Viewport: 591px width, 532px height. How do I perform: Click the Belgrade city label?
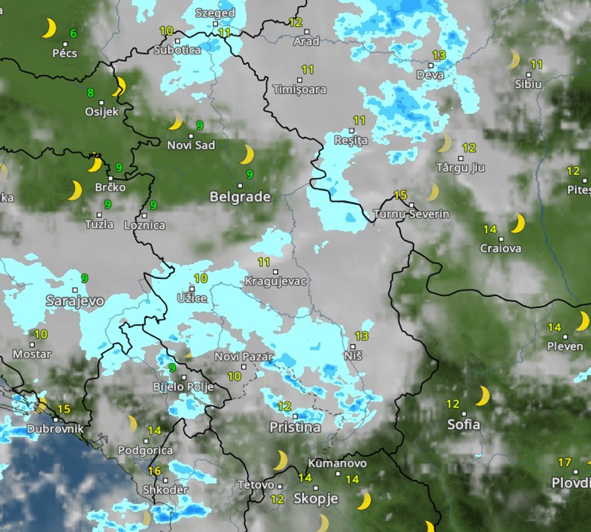(240, 197)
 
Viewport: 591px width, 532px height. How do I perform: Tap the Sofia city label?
(464, 424)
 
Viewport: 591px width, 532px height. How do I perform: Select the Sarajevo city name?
(74, 301)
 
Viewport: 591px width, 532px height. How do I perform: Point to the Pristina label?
(295, 426)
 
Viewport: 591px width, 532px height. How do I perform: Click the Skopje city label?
(316, 498)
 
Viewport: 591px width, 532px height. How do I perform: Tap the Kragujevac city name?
(275, 282)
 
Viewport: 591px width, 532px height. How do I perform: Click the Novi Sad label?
(191, 145)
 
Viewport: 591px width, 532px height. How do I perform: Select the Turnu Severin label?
(411, 214)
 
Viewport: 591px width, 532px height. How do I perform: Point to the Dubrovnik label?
(54, 429)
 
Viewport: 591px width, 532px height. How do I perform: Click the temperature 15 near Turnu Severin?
(400, 195)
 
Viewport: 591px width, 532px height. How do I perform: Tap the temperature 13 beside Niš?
(362, 336)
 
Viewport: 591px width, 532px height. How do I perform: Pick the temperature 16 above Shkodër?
(154, 471)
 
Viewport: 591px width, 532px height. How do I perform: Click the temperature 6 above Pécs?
(73, 33)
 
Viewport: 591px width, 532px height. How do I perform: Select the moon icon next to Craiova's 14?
(517, 223)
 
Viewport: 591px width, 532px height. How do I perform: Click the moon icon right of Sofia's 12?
(482, 396)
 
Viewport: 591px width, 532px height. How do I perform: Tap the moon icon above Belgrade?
(248, 154)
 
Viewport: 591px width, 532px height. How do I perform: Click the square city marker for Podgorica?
(146, 441)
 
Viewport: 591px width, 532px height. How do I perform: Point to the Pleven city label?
(565, 346)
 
